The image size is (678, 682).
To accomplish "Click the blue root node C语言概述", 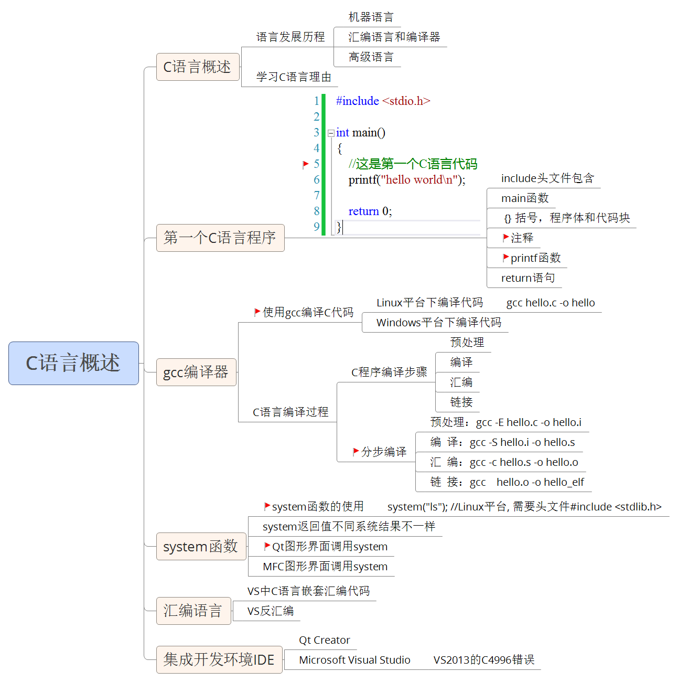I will coord(73,363).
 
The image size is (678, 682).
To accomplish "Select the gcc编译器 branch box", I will coord(196,372).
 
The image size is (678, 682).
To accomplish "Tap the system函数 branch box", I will coord(201,546).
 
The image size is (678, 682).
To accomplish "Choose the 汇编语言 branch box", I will coord(193,611).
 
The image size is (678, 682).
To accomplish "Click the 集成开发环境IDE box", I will coord(219,659).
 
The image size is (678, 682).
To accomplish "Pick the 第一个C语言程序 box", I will coord(220,238).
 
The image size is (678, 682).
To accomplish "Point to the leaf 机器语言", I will coord(371,17).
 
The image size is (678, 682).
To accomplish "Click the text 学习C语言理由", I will coord(294,77).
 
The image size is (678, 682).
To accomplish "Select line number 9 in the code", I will coord(316,227).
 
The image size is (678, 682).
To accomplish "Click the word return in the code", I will coord(363,211).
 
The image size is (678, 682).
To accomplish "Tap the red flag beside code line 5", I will coord(306,164).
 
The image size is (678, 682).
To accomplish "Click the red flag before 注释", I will coord(505,238).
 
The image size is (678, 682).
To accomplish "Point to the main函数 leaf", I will coord(525,198).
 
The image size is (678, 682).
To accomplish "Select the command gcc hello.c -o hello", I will coord(551,303).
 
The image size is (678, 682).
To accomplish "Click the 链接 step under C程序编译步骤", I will coord(461,402).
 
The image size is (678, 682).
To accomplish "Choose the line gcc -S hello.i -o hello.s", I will coord(522,442).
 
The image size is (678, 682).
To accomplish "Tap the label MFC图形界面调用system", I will coord(325,567).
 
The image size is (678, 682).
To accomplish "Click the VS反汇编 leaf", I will coord(271,611).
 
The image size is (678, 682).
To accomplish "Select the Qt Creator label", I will coord(325,640).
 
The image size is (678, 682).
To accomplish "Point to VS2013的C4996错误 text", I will coord(484,660).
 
